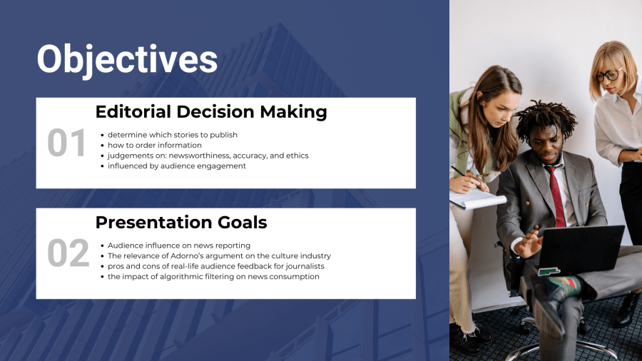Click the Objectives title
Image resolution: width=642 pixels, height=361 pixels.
(x=127, y=60)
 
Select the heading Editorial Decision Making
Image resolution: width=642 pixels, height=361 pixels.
(x=211, y=112)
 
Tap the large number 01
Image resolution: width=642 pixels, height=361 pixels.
(x=66, y=143)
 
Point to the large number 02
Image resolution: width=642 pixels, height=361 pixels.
(x=68, y=253)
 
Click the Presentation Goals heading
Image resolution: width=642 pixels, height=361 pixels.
(x=181, y=223)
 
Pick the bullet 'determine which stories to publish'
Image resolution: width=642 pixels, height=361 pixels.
(x=173, y=135)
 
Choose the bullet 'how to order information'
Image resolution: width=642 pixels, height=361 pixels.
(x=154, y=145)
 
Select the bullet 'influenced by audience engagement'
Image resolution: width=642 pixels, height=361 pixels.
(x=177, y=166)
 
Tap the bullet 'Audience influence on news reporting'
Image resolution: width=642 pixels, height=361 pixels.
(x=179, y=245)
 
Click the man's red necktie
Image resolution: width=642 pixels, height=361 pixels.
(x=557, y=195)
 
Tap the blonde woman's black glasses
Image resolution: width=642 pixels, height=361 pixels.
(x=608, y=76)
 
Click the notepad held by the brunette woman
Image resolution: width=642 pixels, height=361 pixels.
(x=477, y=198)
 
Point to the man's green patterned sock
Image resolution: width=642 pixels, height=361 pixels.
(x=566, y=285)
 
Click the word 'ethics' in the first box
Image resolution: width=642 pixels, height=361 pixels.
(x=297, y=156)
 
